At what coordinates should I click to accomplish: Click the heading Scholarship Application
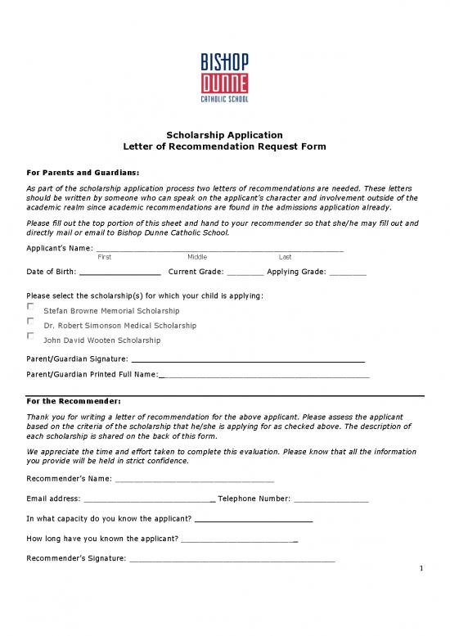click(x=225, y=134)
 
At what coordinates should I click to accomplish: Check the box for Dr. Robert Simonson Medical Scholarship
click(x=31, y=321)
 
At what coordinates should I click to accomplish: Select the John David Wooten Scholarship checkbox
click(x=31, y=336)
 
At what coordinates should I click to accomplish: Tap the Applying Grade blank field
click(x=348, y=273)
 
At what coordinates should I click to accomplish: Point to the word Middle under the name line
click(x=196, y=257)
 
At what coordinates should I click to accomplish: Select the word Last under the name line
click(x=285, y=257)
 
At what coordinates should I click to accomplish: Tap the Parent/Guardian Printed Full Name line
click(x=263, y=375)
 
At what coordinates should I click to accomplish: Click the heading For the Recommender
click(x=74, y=401)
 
